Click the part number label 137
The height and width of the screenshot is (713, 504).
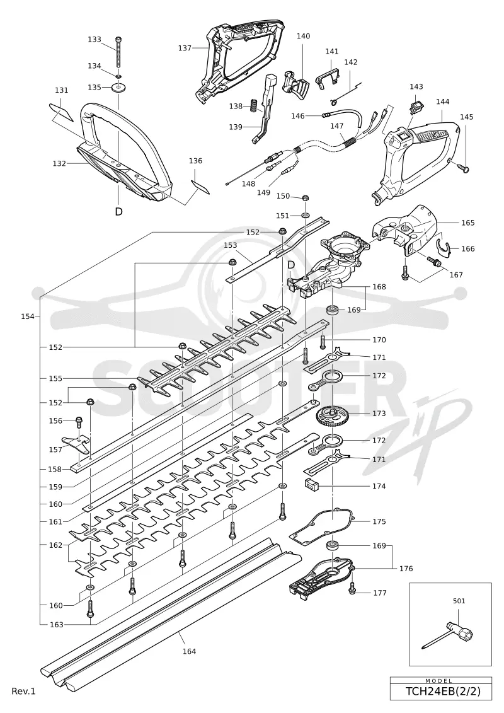click(185, 48)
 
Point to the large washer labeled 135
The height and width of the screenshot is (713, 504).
click(118, 87)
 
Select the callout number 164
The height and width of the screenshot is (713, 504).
click(189, 651)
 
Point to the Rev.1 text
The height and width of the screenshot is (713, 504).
click(24, 691)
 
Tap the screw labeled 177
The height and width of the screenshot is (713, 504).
click(352, 590)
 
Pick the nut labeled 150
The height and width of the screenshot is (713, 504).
click(306, 197)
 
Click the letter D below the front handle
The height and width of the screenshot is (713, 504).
click(118, 211)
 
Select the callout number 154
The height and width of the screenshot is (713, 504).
click(28, 316)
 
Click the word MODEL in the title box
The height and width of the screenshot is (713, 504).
click(439, 681)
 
